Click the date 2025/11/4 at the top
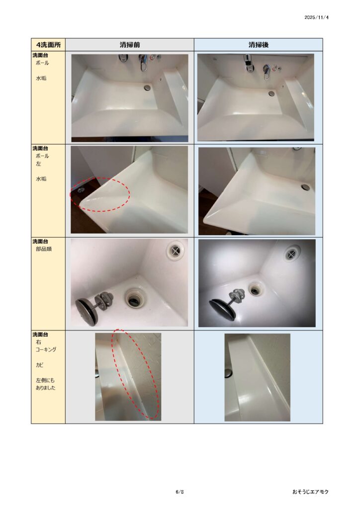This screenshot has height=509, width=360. tap(316, 17)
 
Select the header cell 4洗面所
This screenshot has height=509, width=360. tap(48, 45)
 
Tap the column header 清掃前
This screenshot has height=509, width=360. tap(130, 45)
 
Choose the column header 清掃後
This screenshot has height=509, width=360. tap(259, 45)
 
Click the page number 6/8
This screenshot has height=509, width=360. tap(180, 492)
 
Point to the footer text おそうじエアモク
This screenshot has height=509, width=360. tap(310, 492)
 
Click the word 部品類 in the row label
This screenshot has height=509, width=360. tap(44, 249)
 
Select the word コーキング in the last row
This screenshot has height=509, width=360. tap(46, 349)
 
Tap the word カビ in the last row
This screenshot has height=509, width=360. tap(39, 365)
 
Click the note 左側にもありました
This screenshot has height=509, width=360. tap(45, 384)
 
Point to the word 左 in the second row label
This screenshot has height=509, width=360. tap(38, 164)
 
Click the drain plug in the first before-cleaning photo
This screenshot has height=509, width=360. tap(147, 87)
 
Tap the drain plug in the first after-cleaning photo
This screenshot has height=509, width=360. tap(271, 93)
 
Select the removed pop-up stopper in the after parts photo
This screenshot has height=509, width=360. tap(227, 300)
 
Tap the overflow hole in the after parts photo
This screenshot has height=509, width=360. tap(292, 253)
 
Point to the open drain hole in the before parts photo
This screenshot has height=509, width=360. tap(133, 298)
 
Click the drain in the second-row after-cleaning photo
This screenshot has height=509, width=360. tap(305, 187)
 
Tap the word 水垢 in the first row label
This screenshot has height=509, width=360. tap(41, 78)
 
